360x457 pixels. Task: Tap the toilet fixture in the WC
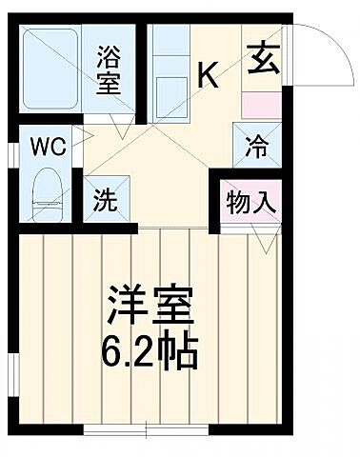45,191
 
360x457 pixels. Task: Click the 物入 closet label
251,203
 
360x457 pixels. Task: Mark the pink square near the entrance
260,104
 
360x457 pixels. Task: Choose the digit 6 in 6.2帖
110,355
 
